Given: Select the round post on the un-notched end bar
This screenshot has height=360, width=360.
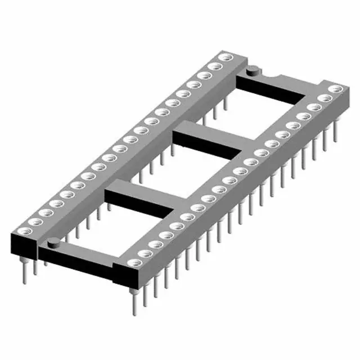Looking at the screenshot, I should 53,243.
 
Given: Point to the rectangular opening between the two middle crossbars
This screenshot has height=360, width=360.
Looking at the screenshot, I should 174,169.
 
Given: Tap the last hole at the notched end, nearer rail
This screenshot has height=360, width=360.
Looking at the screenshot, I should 337,89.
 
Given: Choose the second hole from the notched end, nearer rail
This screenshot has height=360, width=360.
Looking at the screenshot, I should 325,98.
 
